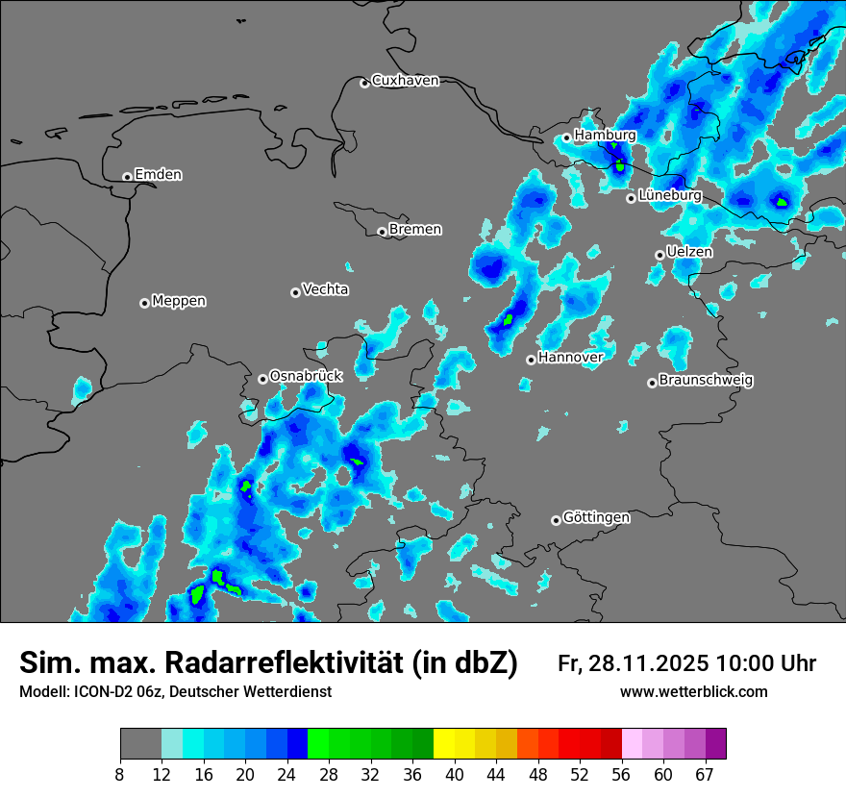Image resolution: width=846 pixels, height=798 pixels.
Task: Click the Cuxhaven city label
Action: [x=405, y=81]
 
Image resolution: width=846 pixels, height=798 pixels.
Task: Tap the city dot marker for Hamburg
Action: [x=567, y=137]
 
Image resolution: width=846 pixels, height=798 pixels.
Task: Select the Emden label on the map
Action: [x=158, y=175]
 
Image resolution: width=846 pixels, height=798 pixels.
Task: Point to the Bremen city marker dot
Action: [x=382, y=232]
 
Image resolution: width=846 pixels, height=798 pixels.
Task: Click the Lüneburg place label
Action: [x=669, y=196]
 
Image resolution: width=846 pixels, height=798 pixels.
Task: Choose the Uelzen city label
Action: [x=689, y=252]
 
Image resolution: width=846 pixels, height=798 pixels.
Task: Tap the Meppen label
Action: [x=179, y=301]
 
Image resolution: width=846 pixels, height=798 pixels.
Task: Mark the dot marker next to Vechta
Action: [x=295, y=292]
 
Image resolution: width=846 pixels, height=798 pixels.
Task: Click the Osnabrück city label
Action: [x=306, y=376]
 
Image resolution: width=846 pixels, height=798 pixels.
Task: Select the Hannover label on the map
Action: [x=570, y=358]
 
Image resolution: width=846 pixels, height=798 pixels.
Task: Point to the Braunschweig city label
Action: [x=706, y=381]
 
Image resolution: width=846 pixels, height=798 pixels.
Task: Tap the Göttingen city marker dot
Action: [x=556, y=520]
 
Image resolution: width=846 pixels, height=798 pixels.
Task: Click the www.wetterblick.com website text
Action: [x=693, y=692]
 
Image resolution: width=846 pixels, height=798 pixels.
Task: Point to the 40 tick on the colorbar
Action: [x=455, y=774]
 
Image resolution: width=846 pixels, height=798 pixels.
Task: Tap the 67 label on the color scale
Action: [x=705, y=774]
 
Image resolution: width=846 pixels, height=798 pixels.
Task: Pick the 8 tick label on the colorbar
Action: [x=120, y=774]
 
